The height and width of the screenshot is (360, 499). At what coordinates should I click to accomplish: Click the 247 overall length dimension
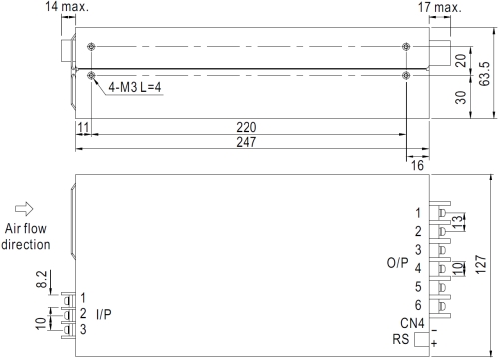pyautogui.click(x=247, y=142)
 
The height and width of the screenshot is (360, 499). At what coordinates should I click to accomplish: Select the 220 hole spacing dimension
pyautogui.click(x=247, y=127)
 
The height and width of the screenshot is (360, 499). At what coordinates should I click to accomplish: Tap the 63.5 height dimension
pyautogui.click(x=485, y=74)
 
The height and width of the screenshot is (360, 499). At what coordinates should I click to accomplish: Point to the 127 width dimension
pyautogui.click(x=481, y=264)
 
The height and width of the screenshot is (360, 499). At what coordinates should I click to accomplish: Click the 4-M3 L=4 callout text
pyautogui.click(x=135, y=87)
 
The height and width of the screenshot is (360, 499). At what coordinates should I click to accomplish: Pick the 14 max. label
pyautogui.click(x=67, y=6)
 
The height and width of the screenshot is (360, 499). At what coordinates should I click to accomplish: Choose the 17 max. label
pyautogui.click(x=440, y=7)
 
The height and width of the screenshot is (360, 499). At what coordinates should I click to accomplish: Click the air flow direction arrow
pyautogui.click(x=24, y=209)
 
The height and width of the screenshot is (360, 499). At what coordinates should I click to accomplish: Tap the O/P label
pyautogui.click(x=397, y=263)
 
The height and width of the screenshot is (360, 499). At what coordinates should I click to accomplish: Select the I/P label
pyautogui.click(x=104, y=314)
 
